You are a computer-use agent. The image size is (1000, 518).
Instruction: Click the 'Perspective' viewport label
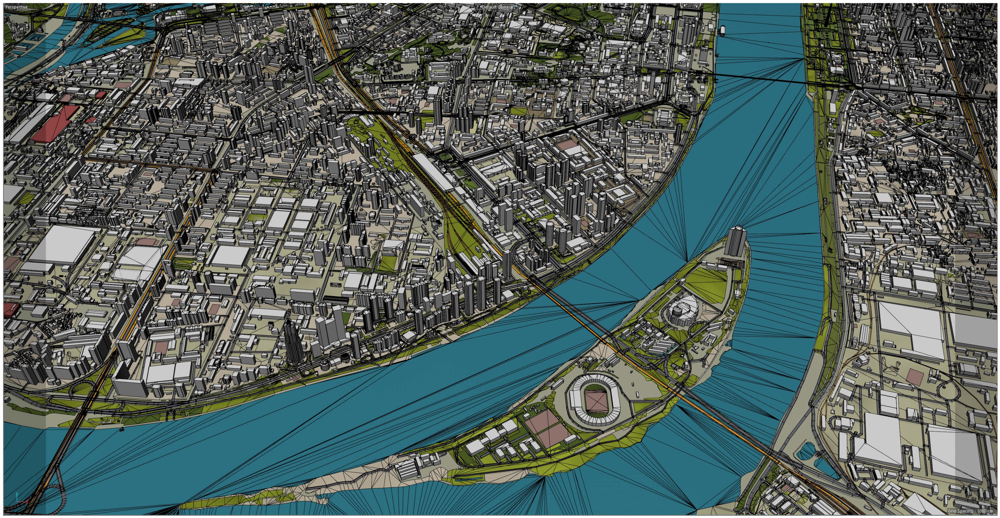point(16,7)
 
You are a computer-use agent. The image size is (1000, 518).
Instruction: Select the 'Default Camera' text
point(497,7)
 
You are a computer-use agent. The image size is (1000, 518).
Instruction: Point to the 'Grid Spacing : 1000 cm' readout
point(971,511)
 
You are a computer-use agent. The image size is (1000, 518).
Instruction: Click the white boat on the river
point(723,30)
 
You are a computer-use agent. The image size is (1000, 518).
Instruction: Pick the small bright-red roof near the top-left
point(99,94)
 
